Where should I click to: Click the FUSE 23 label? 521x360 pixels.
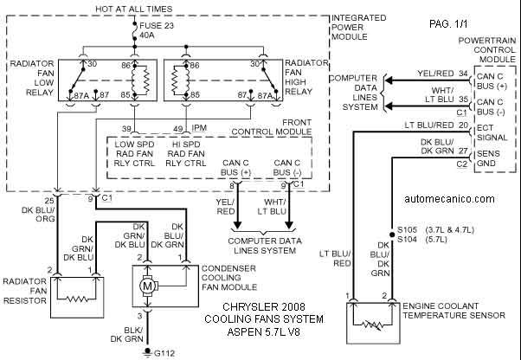tap(157, 26)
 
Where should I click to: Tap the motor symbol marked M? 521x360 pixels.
tap(147, 286)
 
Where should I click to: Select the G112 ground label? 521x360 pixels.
tap(164, 353)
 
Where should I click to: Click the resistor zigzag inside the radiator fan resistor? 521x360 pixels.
tap(77, 299)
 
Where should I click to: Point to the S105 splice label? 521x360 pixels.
tap(408, 230)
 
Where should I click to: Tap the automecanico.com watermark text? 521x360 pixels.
tap(449, 198)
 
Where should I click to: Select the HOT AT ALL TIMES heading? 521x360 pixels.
tap(134, 9)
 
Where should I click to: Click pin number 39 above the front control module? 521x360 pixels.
tap(126, 129)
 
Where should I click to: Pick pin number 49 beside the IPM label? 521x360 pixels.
tap(177, 129)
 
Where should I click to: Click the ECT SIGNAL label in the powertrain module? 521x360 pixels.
tap(492, 132)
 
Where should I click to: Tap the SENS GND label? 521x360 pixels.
tap(488, 158)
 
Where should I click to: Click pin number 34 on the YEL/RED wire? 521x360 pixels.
tap(464, 74)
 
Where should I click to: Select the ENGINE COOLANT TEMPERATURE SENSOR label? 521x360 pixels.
tap(453, 311)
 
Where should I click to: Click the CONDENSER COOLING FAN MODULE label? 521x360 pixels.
tap(229, 278)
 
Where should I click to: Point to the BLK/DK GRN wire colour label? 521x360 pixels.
tap(127, 334)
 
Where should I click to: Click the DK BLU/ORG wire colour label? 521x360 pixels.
tap(38, 215)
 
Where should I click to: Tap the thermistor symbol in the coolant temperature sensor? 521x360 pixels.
tap(373, 325)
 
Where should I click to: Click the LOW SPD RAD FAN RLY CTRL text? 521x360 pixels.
tap(134, 154)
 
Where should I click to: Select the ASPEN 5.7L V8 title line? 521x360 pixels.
tap(264, 331)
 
